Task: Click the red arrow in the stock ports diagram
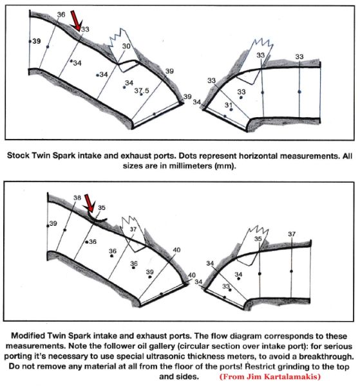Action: [76, 21]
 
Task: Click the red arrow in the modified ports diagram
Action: [89, 203]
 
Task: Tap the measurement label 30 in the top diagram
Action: [126, 46]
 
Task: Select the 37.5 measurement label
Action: [142, 91]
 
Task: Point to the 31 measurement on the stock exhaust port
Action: [229, 105]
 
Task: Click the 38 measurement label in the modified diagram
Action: [77, 198]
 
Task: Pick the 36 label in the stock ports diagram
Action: [61, 15]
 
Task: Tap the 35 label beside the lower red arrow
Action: [102, 208]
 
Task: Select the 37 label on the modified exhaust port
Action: [292, 234]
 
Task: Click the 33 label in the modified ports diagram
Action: [226, 286]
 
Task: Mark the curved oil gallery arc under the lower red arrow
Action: [96, 219]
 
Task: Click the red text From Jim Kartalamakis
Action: [270, 376]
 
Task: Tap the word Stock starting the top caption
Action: [19, 156]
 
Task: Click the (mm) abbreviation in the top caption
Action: [225, 166]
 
